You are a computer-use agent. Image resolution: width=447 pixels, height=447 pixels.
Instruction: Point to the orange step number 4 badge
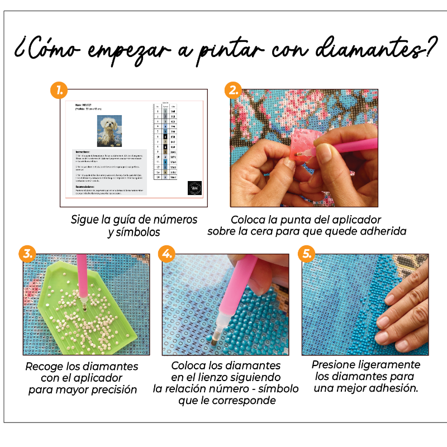166,254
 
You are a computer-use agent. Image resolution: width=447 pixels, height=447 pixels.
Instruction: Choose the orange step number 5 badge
306,254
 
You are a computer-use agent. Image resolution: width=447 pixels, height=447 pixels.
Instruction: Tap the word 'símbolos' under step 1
134,232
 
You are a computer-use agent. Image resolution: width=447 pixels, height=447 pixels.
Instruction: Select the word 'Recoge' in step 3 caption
45,367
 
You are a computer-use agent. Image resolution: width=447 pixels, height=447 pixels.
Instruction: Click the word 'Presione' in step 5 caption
338,365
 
